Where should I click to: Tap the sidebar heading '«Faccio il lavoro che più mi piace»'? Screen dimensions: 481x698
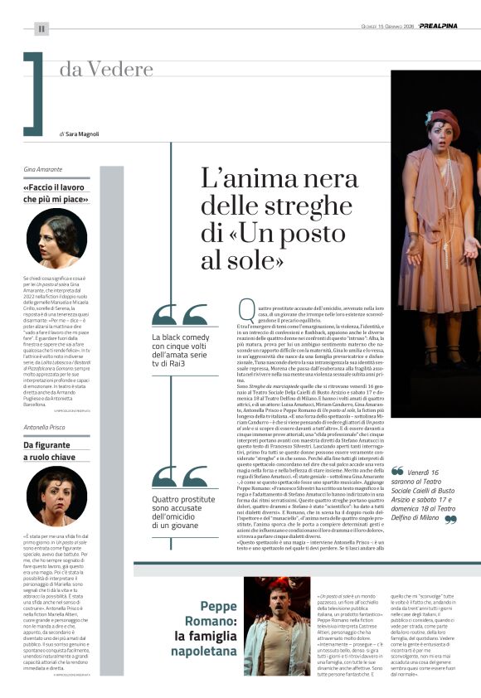point(56,192)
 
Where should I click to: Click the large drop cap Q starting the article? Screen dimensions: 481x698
point(245,312)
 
